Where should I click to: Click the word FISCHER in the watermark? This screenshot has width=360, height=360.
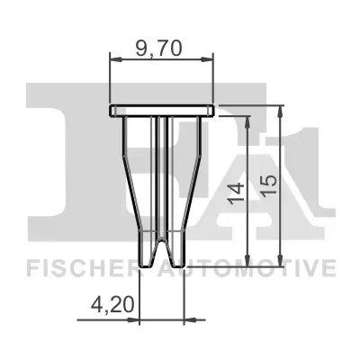[80, 267]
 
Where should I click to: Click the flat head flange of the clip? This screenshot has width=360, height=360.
[162, 111]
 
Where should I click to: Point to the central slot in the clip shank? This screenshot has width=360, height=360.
[162, 180]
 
